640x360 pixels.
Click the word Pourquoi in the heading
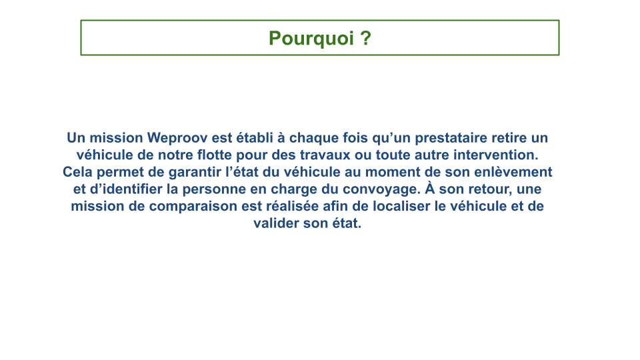pyautogui.click(x=311, y=39)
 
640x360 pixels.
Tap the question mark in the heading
pyautogui.click(x=366, y=38)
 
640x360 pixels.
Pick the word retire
pyautogui.click(x=509, y=137)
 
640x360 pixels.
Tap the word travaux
pyautogui.click(x=325, y=155)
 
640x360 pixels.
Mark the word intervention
pyautogui.click(x=496, y=155)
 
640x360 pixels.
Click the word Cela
pyautogui.click(x=77, y=172)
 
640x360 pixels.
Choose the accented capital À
pyautogui.click(x=430, y=188)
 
